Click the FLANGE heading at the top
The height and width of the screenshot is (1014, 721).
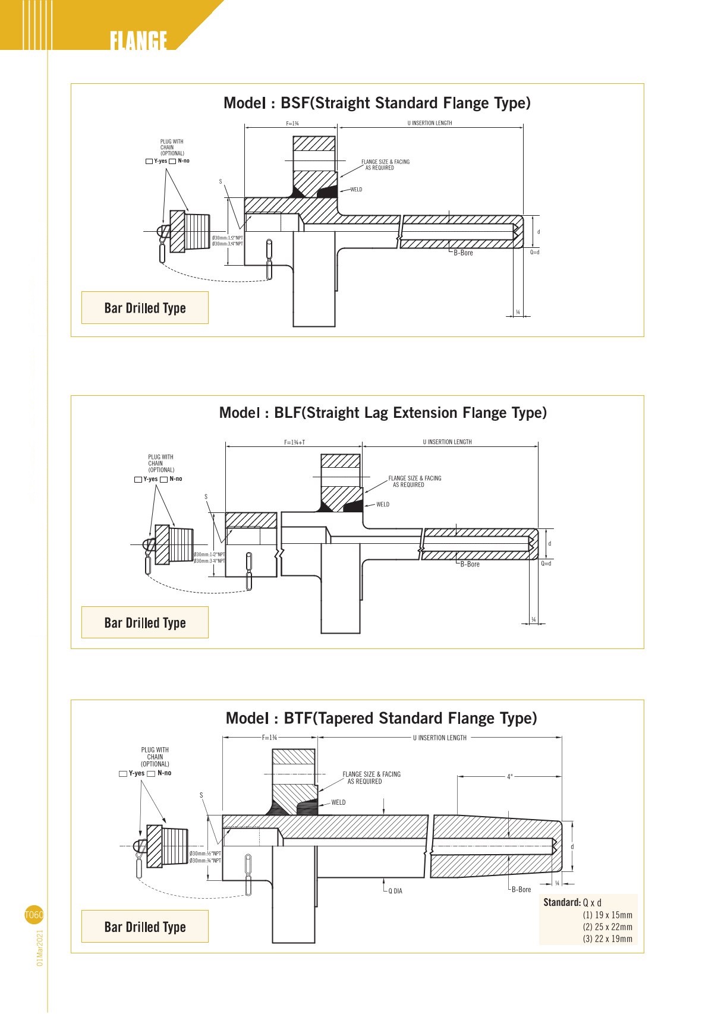[138, 40]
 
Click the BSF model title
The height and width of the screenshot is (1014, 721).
[377, 103]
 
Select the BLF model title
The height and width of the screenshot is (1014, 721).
[383, 413]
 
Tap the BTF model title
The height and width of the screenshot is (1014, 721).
[381, 719]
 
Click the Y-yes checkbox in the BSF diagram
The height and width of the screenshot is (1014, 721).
[149, 161]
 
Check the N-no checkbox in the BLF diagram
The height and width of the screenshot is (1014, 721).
[163, 480]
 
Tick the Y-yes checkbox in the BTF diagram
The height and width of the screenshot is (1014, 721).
[123, 774]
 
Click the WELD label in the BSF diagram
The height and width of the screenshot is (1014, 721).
[356, 190]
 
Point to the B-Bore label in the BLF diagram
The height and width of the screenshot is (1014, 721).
[470, 565]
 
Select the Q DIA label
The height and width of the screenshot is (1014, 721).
[395, 892]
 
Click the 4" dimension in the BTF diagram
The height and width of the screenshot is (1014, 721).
[509, 777]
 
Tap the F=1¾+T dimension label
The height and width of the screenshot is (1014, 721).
[294, 442]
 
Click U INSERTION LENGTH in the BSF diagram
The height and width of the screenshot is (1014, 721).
[430, 124]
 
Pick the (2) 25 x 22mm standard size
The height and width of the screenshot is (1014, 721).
[607, 927]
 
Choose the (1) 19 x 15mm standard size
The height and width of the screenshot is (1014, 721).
[607, 915]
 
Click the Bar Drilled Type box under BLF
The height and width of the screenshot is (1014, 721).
[145, 623]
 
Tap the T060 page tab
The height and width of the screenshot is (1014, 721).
[34, 915]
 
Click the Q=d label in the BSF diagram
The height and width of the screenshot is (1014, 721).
[535, 253]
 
